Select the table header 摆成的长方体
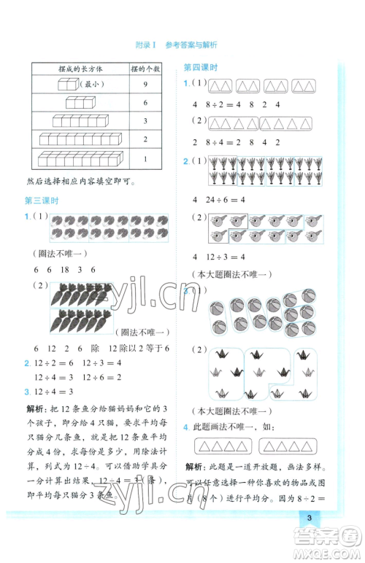coord(80,69)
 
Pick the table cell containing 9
coord(145,85)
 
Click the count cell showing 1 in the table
coord(145,158)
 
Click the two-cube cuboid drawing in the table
coord(67,85)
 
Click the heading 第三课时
coord(42,201)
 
